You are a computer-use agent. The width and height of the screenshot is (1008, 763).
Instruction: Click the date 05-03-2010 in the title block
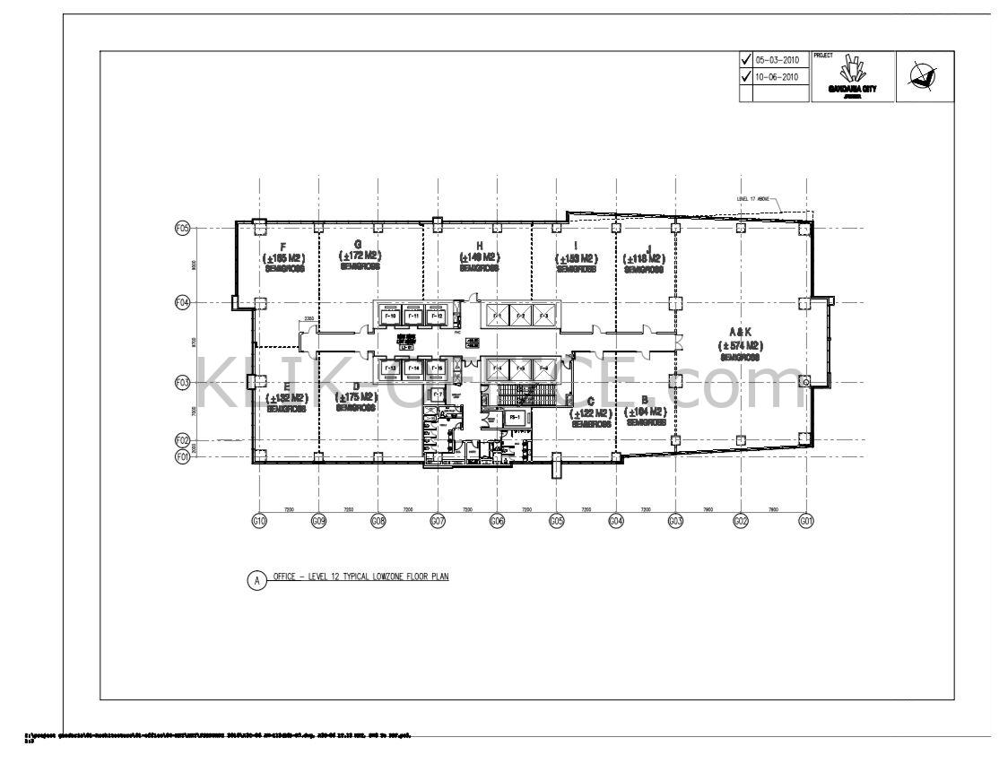click(777, 60)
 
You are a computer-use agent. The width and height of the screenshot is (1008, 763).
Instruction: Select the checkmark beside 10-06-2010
click(745, 77)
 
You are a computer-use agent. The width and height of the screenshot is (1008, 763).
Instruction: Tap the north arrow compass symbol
click(919, 77)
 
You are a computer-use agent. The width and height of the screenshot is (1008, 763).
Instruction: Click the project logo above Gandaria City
click(852, 70)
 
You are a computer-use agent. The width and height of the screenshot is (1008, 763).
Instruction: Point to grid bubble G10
click(260, 520)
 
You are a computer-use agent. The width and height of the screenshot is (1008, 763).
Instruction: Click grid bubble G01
click(806, 520)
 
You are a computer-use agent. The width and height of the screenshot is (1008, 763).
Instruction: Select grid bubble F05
click(182, 228)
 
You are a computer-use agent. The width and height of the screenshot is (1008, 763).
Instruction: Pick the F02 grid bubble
click(182, 440)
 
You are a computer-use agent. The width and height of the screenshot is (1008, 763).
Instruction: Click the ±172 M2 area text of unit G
click(359, 256)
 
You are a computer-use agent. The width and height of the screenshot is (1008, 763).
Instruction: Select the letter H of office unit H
click(480, 246)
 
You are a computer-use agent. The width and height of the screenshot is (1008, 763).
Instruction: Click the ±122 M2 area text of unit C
click(591, 413)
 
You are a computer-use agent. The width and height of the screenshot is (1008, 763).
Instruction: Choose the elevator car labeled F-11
click(413, 316)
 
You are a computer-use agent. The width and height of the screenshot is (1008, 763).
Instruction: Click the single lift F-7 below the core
click(437, 395)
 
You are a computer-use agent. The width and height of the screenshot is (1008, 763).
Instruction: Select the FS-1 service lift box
click(515, 418)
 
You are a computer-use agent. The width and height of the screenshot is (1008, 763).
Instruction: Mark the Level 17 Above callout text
click(752, 200)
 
